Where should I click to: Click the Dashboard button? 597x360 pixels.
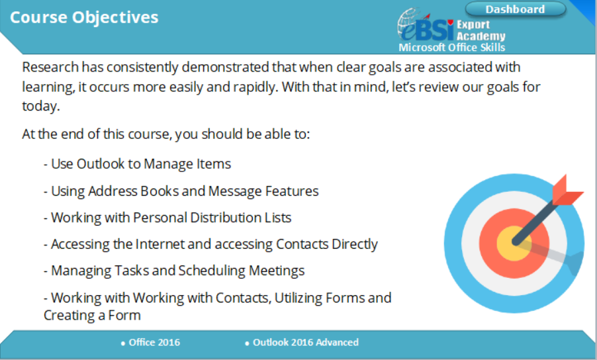(516, 9)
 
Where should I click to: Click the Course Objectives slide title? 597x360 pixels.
(84, 18)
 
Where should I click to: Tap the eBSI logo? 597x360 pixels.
(426, 25)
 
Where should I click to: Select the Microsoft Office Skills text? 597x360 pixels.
(451, 48)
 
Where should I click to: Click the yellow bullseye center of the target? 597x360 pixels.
(514, 244)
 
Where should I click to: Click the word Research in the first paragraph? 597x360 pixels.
(50, 67)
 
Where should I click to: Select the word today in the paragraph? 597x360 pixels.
(40, 106)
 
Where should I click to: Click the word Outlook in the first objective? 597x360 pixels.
(101, 164)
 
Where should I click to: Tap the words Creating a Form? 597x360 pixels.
(92, 316)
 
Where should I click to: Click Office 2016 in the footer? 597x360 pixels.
(154, 343)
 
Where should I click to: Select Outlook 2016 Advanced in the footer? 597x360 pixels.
(306, 343)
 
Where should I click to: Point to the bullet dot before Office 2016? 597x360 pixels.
(123, 343)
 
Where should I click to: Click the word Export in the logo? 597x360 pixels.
(473, 25)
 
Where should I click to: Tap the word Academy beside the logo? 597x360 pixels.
(481, 36)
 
